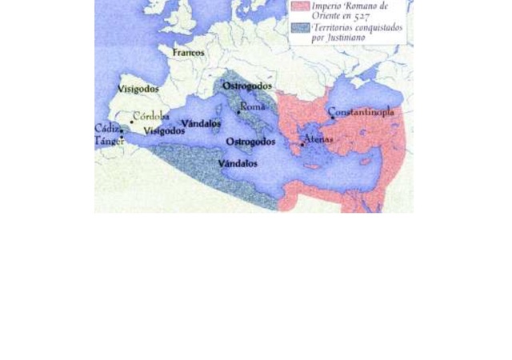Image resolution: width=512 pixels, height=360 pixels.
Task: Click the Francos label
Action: [x=190, y=53]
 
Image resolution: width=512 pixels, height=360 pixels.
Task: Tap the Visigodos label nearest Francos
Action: [x=138, y=89]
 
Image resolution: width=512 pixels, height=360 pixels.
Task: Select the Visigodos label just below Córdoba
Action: [x=163, y=130]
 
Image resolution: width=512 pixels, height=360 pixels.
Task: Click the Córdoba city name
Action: [x=151, y=116]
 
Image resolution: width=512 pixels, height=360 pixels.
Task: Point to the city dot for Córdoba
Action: [x=132, y=122]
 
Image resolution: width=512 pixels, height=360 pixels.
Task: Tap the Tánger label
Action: [x=109, y=140]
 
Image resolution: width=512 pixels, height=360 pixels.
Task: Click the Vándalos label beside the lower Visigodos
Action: [x=201, y=123]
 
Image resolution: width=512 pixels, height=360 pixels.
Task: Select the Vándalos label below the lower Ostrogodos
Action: [x=238, y=163]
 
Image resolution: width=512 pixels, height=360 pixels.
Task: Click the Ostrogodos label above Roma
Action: [x=247, y=86]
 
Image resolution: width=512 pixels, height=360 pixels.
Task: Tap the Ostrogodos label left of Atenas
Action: [x=250, y=142]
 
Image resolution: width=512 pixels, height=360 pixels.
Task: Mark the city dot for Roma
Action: [x=238, y=112]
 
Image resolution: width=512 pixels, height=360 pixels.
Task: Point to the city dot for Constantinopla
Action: [x=332, y=118]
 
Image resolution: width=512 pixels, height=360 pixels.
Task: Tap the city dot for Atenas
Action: [x=302, y=144]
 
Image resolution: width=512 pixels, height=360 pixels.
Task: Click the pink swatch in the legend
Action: [x=300, y=6]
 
